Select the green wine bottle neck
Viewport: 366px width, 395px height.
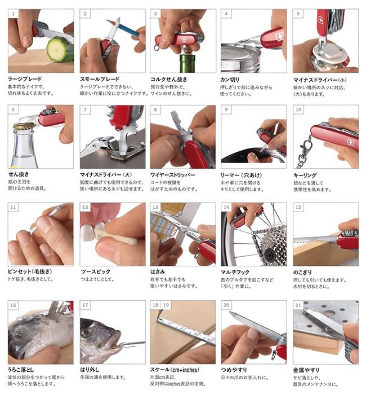[187, 64]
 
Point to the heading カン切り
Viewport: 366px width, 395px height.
[230, 80]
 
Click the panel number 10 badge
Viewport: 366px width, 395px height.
[298, 109]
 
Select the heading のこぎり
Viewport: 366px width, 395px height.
[302, 273]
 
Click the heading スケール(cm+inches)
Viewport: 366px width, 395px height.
[175, 370]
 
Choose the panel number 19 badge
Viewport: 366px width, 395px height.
[166, 305]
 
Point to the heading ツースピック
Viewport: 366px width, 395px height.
[96, 272]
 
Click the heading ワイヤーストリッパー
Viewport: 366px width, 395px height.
[172, 174]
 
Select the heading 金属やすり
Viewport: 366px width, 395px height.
[306, 370]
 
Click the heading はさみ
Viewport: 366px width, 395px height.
[158, 272]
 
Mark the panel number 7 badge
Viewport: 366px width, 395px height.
[85, 109]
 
